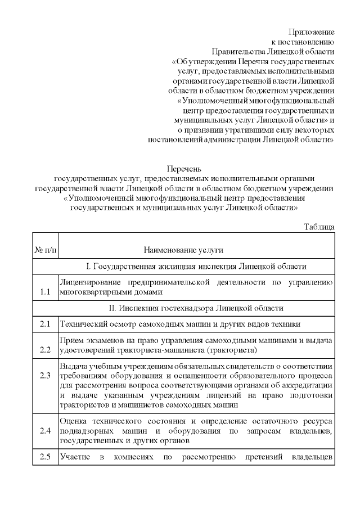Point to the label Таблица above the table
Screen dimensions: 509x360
tap(319, 226)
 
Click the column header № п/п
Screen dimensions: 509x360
tap(46, 249)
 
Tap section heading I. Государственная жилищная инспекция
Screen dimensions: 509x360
tap(196, 266)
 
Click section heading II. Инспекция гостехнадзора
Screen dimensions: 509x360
tap(196, 308)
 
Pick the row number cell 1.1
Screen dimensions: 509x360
tap(46, 292)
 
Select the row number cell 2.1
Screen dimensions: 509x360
tap(46, 324)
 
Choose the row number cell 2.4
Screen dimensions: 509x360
tap(46, 431)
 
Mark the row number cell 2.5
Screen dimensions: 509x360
tap(46, 456)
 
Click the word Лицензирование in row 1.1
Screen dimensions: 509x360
tap(90, 282)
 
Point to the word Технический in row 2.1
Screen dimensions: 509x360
tap(83, 324)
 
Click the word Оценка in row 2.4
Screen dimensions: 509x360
tap(73, 421)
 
